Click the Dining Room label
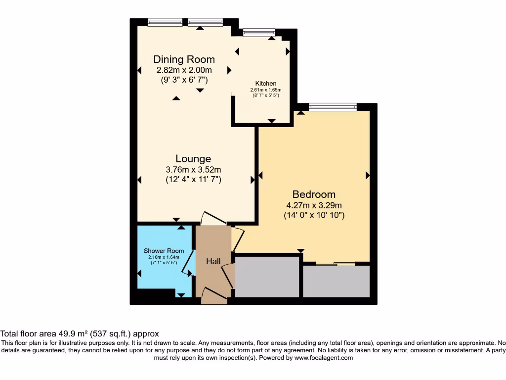[184, 60]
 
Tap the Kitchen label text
[265, 83]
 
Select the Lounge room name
[193, 159]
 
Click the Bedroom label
[314, 194]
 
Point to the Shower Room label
[164, 251]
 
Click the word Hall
[213, 261]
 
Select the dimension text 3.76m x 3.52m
[193, 170]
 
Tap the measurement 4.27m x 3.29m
[314, 205]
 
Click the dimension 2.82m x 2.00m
[184, 70]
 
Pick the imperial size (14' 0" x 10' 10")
[314, 215]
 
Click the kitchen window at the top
[259, 33]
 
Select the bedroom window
[333, 106]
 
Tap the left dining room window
[165, 22]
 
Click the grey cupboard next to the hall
[267, 277]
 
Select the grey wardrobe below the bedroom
[336, 282]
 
